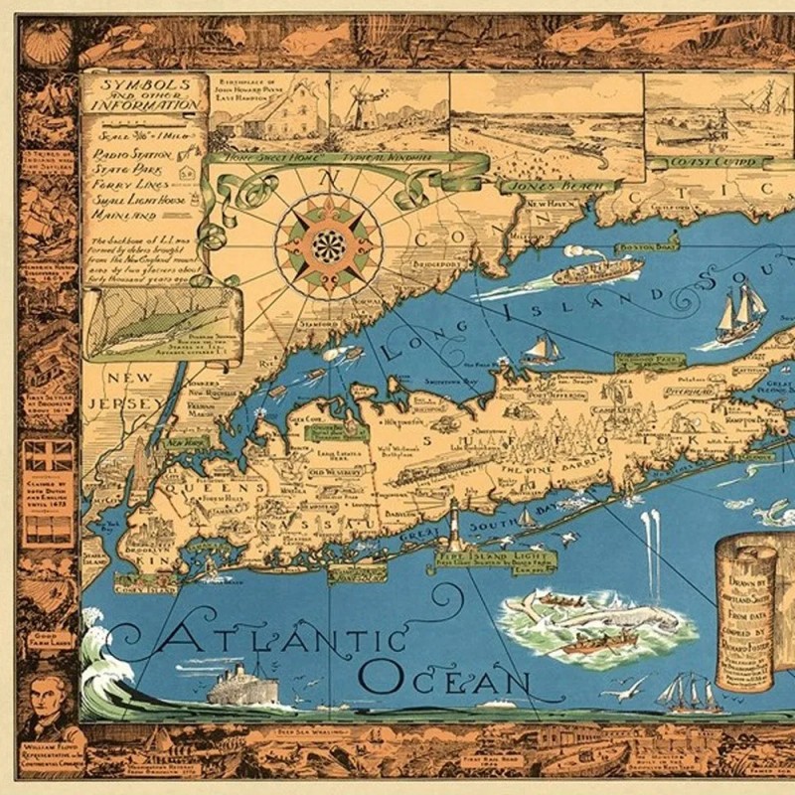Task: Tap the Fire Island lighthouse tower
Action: click(455, 524)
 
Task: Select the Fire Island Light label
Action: click(479, 559)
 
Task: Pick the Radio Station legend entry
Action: click(131, 154)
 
